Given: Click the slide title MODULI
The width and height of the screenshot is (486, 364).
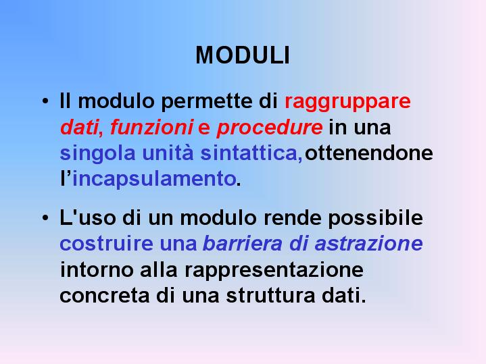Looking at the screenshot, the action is pos(243,55).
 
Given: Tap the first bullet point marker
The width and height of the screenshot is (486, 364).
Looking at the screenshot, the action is pos(45,101).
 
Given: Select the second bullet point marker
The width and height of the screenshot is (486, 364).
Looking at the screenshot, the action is pos(45,217).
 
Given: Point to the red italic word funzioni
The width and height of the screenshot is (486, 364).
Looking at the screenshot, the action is pos(152,127).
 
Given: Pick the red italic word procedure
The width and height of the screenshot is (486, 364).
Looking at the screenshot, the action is pos(269,128).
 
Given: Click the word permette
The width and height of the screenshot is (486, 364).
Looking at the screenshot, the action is pos(207,101).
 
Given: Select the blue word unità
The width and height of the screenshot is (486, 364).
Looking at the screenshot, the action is pos(168,153).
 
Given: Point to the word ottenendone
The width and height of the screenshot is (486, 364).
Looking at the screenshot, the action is pos(369,153).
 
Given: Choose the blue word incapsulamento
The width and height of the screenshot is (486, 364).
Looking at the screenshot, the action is pos(153,180).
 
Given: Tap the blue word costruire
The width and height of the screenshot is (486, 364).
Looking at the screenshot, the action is pos(106,244).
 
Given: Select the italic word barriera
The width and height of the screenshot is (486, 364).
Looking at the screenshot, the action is pos(243,244).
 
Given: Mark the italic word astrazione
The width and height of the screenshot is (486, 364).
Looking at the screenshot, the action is pos(368,244).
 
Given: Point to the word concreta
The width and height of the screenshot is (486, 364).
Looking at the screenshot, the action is pos(105,296).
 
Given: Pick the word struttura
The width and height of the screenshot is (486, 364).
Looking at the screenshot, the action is pos(270,296).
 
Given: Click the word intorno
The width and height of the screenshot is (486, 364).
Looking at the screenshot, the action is pos(97,269).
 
